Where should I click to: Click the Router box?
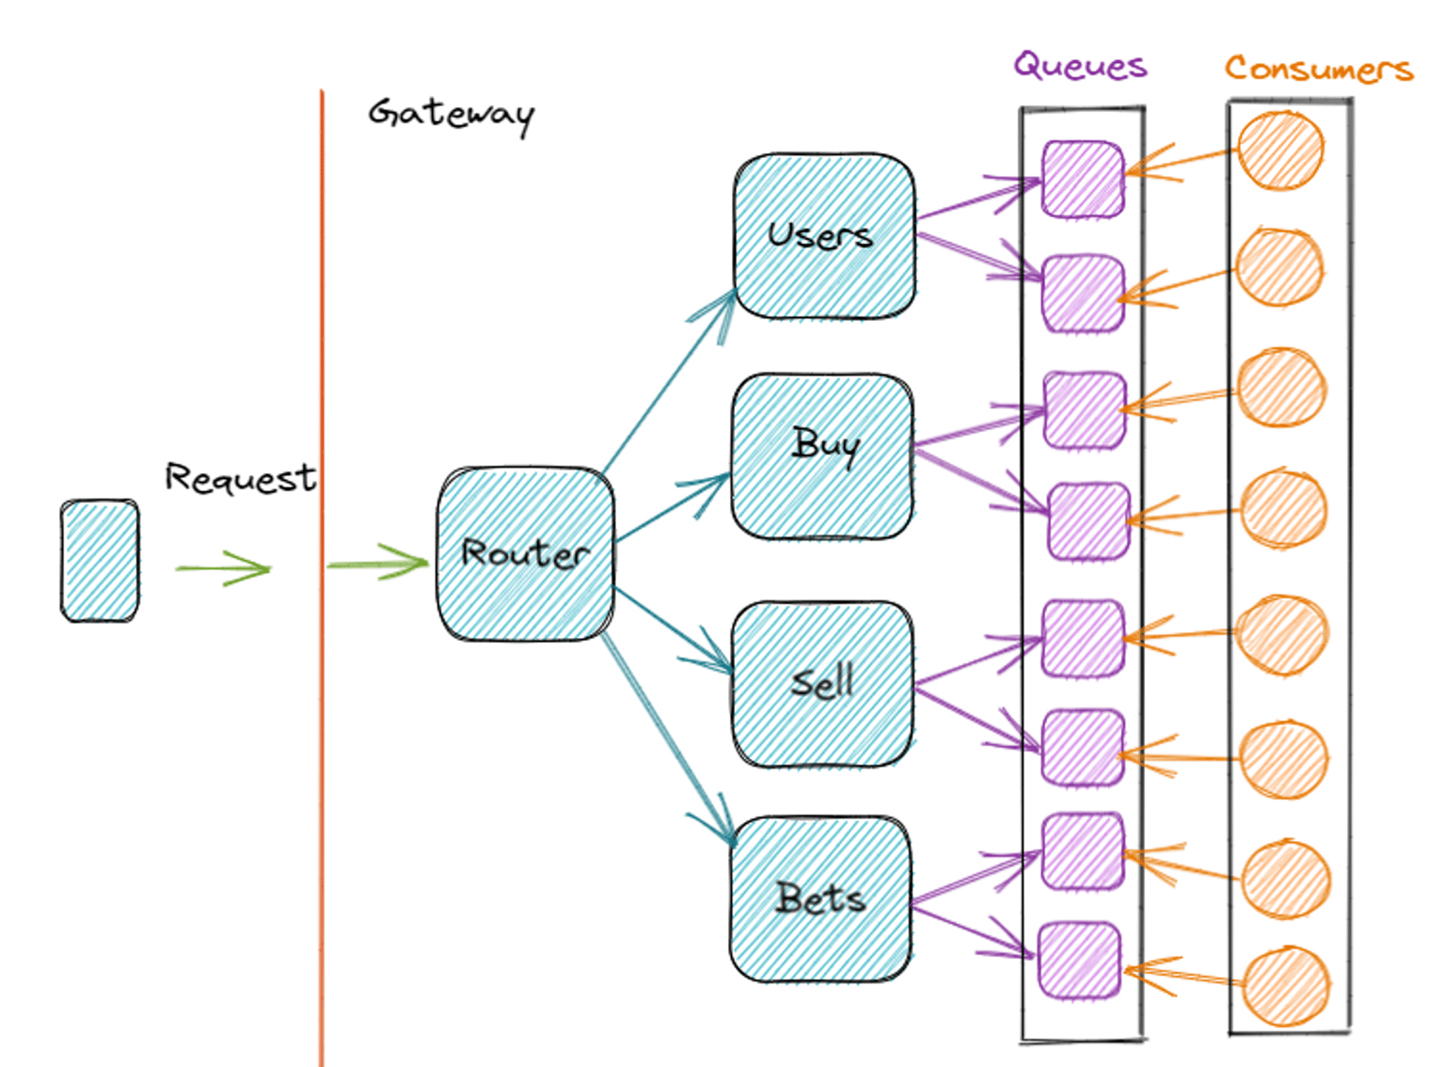(525, 554)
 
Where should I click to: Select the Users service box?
(823, 235)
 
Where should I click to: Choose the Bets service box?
(820, 899)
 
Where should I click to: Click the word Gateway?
(451, 114)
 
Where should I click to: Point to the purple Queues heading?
(1080, 66)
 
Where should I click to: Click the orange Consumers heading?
(1318, 69)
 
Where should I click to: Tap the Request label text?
(240, 478)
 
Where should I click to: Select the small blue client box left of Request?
(100, 561)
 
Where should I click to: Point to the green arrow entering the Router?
(376, 565)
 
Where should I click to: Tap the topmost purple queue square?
(1083, 179)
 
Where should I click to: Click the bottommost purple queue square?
(1080, 960)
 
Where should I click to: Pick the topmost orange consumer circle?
(1280, 151)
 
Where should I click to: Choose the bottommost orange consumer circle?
(1285, 986)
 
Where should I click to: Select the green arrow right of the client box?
(223, 568)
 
